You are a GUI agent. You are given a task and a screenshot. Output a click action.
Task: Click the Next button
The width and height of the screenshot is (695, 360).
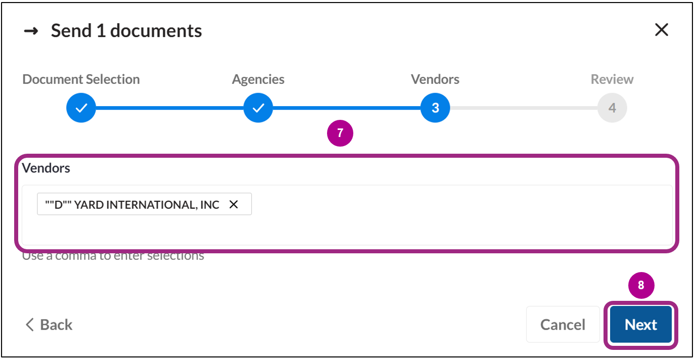tap(640, 325)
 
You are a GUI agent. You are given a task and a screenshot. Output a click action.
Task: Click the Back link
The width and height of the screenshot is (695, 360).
tap(49, 325)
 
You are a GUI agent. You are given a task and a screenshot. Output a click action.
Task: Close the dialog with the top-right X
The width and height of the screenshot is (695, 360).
tap(661, 30)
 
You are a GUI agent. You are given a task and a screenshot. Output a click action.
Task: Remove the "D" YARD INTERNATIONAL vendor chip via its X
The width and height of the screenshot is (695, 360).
tap(234, 205)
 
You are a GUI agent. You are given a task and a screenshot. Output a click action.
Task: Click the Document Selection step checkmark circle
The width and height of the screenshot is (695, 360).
tap(81, 108)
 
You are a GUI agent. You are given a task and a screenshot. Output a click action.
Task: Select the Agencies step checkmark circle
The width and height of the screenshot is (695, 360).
tap(258, 108)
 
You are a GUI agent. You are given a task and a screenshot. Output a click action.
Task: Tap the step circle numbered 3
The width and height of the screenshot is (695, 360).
tap(435, 108)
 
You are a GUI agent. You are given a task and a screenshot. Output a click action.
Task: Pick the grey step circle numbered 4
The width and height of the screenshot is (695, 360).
tap(612, 108)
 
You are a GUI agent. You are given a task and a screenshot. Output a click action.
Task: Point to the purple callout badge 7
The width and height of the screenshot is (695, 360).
tap(340, 133)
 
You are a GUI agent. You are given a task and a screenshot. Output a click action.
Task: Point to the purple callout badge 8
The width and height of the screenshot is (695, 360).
tap(641, 285)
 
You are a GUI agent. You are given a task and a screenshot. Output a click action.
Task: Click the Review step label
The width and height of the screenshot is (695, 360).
tap(612, 79)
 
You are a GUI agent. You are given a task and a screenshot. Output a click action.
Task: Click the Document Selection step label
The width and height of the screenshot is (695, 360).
tap(81, 79)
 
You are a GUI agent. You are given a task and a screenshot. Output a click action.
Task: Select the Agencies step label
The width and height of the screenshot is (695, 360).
tap(258, 79)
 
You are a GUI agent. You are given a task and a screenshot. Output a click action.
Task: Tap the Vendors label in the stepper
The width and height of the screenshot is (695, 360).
tap(435, 79)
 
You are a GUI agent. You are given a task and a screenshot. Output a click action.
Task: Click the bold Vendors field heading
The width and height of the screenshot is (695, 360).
tap(46, 168)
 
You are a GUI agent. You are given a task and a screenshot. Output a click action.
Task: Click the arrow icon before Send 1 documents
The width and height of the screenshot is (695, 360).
tap(31, 31)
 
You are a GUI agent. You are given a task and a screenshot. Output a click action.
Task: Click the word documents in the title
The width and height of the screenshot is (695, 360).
tap(156, 31)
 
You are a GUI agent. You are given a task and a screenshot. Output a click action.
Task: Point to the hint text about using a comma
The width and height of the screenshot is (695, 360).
tap(113, 256)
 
